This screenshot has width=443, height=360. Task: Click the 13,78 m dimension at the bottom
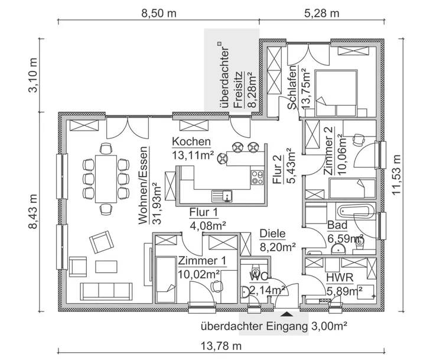(222, 346)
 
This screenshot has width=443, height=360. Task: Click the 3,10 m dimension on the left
(33, 73)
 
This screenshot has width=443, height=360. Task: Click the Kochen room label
(191, 141)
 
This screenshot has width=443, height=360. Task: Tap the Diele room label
(272, 233)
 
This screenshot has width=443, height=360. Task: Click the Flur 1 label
(204, 212)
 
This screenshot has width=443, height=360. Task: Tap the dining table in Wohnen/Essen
(106, 177)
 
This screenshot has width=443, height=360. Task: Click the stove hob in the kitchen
(258, 176)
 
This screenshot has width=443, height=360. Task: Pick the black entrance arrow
(287, 316)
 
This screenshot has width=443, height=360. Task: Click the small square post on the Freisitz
(219, 43)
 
